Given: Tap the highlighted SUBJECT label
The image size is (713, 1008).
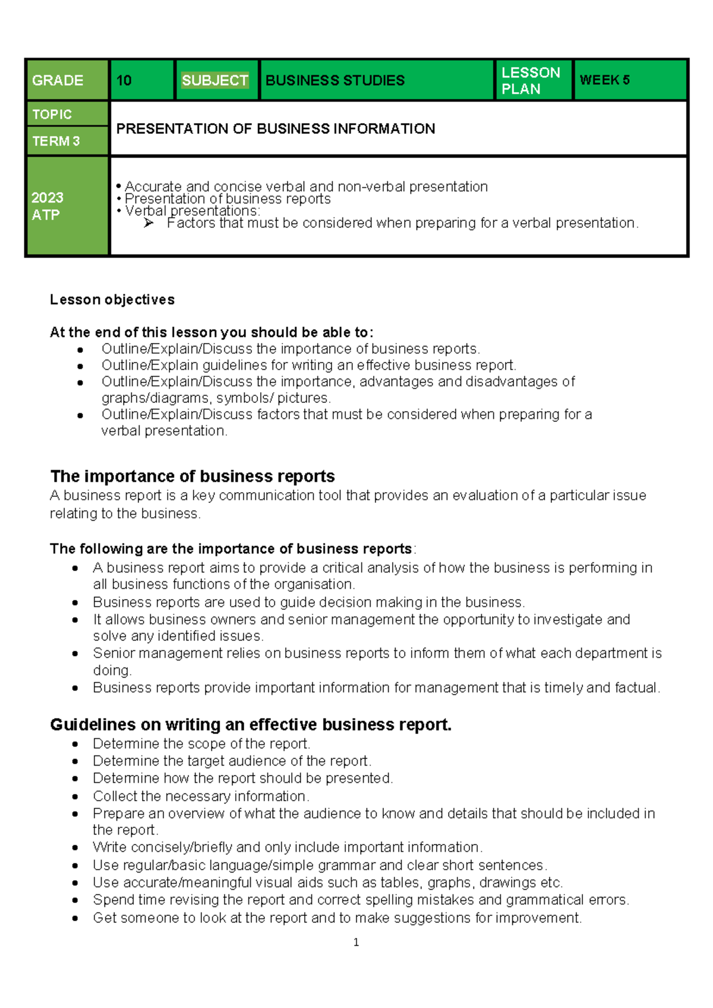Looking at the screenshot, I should pos(215,80).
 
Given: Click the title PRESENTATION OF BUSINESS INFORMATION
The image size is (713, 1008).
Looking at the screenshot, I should pos(276,129).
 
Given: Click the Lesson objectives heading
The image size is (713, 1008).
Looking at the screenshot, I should pos(112,300).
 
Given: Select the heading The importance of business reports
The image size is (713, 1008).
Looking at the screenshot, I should pos(193,477).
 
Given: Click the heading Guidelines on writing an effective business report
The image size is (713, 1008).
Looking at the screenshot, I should pos(251,724).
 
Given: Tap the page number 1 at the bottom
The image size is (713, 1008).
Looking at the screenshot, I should pos(356,942).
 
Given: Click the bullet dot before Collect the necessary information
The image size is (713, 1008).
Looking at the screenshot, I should pos(75,796).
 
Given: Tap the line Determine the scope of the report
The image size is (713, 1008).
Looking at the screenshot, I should pos(201,744).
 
